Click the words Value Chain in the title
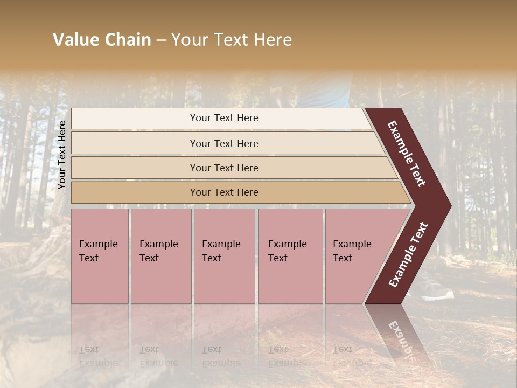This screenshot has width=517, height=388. (102, 40)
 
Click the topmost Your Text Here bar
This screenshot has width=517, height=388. (224, 118)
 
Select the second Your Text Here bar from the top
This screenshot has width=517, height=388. (224, 143)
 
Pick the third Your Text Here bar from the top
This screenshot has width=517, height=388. (224, 168)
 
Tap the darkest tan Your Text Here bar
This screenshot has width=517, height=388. (224, 192)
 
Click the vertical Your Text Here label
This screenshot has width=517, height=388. (62, 155)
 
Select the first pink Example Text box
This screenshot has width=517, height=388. (100, 256)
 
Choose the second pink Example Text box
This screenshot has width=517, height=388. (160, 256)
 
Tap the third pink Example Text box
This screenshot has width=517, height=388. (223, 256)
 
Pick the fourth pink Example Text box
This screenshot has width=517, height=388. (290, 256)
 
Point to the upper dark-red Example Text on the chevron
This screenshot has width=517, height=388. (407, 154)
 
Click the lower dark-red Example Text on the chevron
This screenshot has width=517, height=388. (408, 254)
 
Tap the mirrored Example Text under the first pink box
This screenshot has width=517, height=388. (99, 356)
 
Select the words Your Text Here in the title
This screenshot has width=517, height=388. (232, 40)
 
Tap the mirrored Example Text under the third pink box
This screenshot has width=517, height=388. (221, 356)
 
